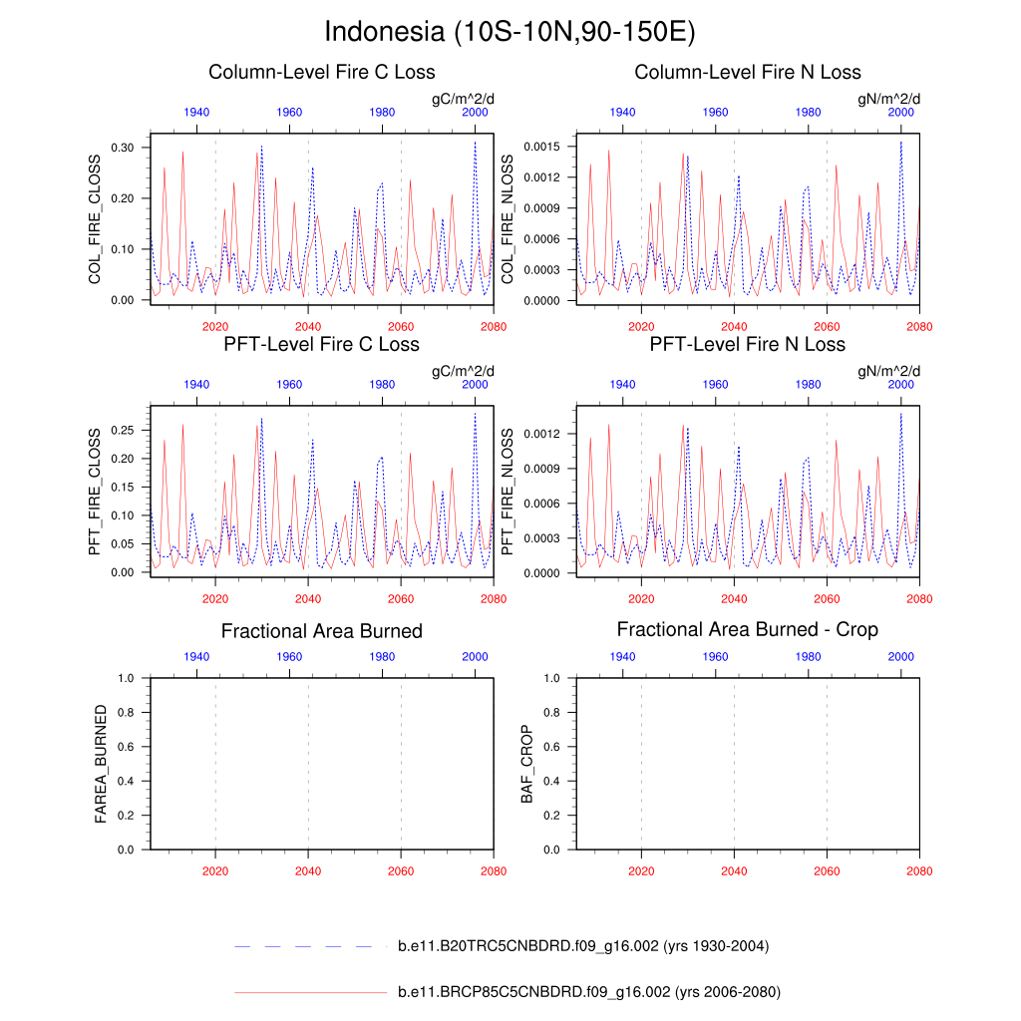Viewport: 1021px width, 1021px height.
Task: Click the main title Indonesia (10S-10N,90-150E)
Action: pos(510,32)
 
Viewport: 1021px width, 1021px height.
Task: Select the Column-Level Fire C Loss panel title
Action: pos(321,73)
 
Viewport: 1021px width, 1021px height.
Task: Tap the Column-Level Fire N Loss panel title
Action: pos(747,73)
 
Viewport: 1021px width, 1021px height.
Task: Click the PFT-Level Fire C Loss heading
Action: pos(321,345)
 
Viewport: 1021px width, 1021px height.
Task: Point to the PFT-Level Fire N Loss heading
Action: pos(747,345)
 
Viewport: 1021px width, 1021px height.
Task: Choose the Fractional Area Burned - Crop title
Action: pos(747,630)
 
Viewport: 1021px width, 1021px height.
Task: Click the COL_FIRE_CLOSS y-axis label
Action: pos(96,218)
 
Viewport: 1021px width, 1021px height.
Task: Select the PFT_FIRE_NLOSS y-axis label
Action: pos(508,492)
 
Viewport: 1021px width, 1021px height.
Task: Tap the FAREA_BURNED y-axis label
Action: pos(101,764)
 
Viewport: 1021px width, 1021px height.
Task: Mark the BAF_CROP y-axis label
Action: pos(526,764)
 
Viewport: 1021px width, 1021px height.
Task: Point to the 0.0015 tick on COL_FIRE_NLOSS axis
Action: pos(539,147)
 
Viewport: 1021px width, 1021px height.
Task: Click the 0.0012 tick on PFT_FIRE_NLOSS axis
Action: pos(539,434)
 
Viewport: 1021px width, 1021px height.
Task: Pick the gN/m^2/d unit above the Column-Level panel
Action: pos(889,99)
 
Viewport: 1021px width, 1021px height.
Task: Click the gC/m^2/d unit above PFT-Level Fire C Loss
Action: pos(463,372)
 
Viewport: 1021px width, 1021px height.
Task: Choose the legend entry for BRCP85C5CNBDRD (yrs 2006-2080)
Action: pos(588,992)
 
